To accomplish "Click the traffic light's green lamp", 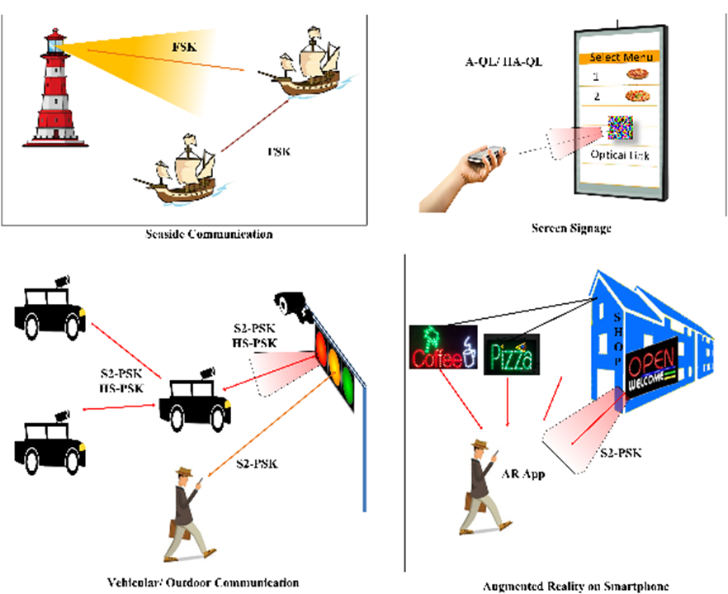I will [x=347, y=384].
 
